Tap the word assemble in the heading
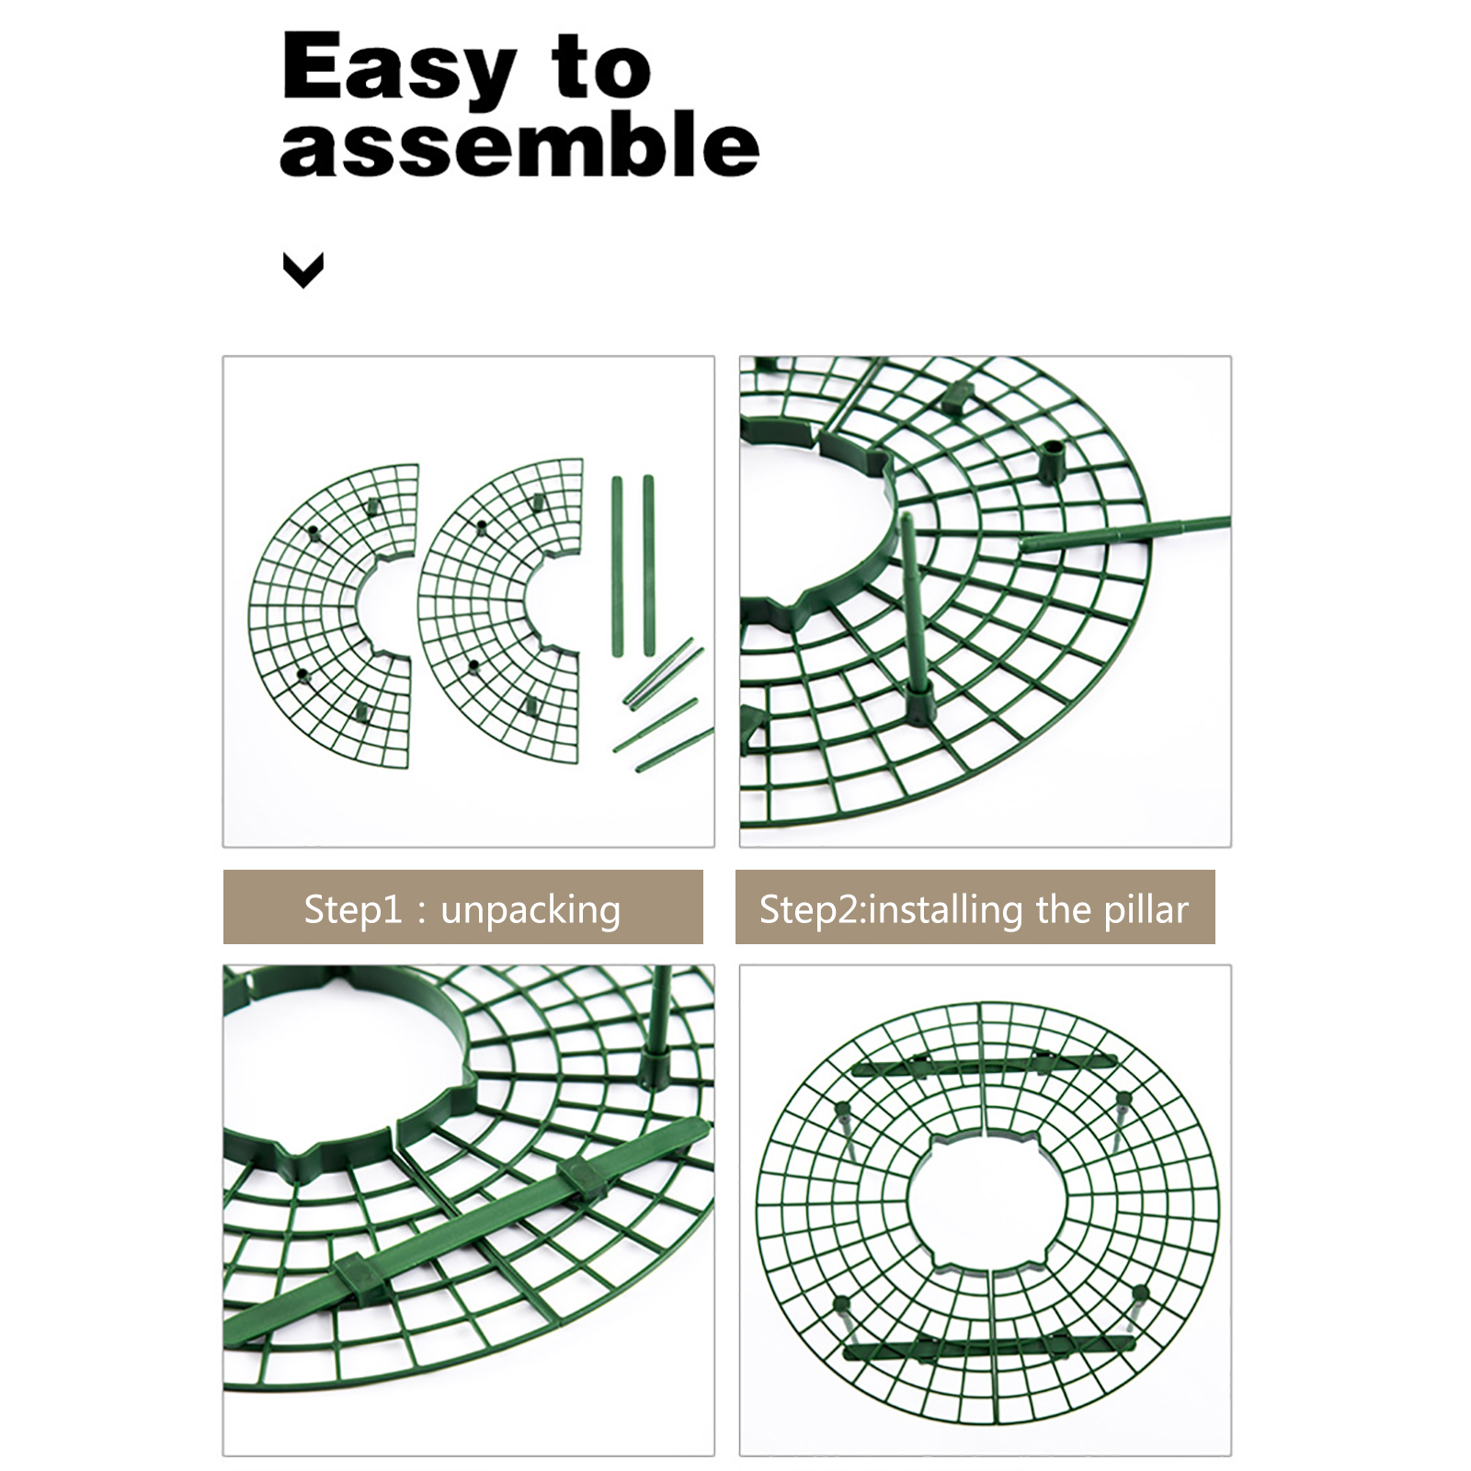click(x=519, y=144)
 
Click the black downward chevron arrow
click(x=303, y=270)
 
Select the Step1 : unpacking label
click(x=462, y=908)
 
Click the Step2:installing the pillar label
click(x=975, y=908)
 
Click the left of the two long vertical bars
click(x=617, y=566)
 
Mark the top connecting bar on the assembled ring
click(x=984, y=1066)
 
